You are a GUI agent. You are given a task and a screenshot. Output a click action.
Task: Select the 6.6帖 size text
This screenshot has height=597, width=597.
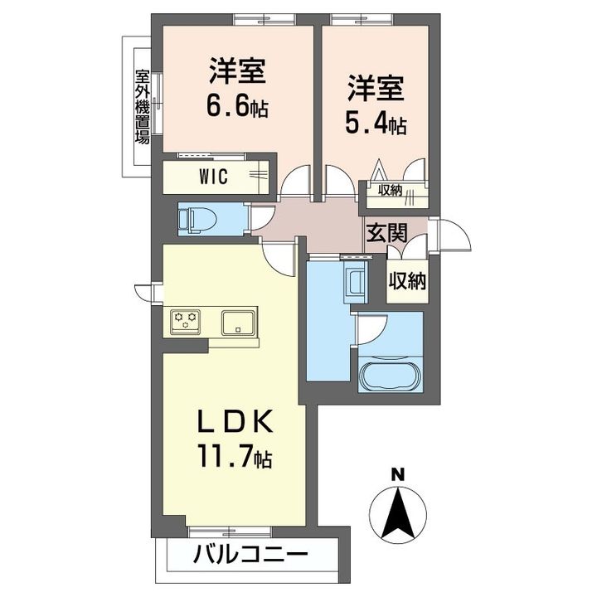[237, 107]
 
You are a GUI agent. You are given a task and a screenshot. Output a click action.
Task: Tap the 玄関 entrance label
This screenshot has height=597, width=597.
[386, 232]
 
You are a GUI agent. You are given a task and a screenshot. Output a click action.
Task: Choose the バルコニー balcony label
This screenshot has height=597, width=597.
[250, 555]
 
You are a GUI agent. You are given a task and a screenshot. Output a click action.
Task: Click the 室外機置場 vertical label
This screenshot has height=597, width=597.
[142, 105]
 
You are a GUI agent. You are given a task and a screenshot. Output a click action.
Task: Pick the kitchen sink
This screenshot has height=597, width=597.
[240, 321]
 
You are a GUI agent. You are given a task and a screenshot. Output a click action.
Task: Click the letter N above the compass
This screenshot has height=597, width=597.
[397, 476]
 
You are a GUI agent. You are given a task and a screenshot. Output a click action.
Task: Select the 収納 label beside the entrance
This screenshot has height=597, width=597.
[407, 281]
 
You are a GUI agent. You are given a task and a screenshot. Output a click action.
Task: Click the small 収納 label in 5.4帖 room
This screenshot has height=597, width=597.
[391, 191]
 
